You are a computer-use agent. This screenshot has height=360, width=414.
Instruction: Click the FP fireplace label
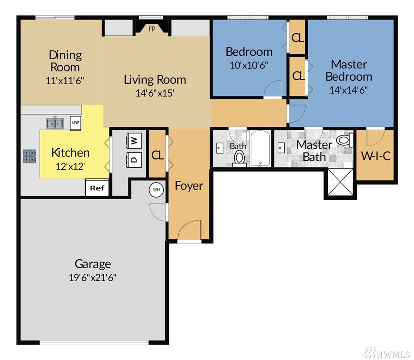tap(152, 29)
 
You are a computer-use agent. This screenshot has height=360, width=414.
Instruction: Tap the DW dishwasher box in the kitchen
tap(75, 122)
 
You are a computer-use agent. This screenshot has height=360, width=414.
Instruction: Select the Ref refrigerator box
tap(97, 188)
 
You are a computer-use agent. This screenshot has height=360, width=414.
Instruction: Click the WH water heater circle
tap(156, 190)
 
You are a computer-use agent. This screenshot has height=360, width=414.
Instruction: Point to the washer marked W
tap(135, 141)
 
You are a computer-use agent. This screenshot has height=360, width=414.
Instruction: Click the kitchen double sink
tap(55, 123)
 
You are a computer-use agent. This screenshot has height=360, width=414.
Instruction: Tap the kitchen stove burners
tap(30, 156)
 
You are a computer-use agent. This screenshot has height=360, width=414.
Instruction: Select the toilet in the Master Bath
tap(345, 140)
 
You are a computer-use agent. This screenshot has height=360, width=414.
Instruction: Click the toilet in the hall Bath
tap(239, 158)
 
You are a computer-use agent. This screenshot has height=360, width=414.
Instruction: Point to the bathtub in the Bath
tap(260, 149)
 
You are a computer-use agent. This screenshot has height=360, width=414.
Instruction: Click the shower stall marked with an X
tap(340, 183)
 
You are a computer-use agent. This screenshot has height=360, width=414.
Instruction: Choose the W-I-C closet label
tap(375, 156)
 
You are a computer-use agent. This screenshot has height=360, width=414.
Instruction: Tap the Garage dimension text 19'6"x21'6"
tap(93, 278)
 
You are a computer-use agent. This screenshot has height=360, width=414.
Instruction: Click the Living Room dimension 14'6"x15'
tap(155, 93)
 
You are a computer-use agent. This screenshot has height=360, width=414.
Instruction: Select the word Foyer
tap(189, 186)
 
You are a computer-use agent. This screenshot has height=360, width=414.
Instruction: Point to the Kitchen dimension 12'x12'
tap(70, 166)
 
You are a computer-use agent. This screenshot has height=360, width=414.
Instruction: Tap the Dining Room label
tap(65, 61)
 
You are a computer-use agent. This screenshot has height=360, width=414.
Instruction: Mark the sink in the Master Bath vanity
tap(281, 147)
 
